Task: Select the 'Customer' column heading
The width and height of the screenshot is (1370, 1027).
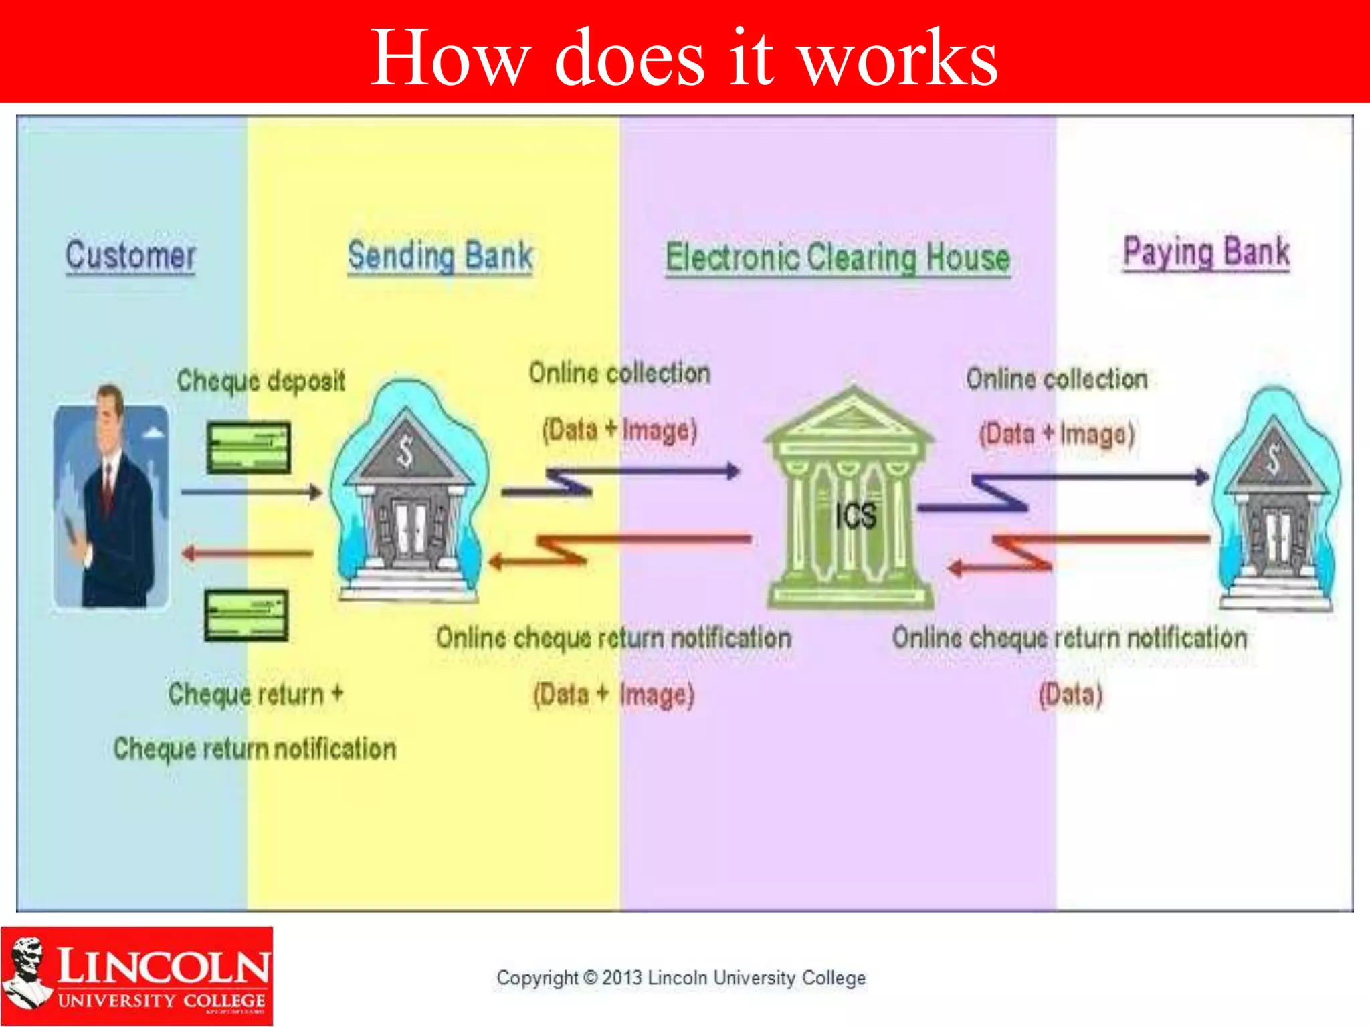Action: tap(130, 256)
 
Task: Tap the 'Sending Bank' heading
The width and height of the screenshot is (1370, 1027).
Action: tap(440, 256)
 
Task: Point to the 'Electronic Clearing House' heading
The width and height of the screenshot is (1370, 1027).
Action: tap(838, 258)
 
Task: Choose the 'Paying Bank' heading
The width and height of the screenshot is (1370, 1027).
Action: tap(1206, 253)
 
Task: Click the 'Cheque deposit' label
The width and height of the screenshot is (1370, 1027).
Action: tap(261, 381)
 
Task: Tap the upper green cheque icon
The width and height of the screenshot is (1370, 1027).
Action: tap(249, 447)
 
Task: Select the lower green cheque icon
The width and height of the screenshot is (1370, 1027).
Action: tap(246, 615)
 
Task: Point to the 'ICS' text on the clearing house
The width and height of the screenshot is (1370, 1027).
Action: tap(856, 516)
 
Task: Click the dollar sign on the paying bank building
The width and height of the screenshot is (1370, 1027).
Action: tap(1273, 459)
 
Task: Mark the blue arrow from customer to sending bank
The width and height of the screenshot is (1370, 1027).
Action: tap(250, 493)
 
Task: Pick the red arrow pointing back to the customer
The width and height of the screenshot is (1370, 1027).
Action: tap(248, 553)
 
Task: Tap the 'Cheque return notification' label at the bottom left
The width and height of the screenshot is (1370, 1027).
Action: tap(255, 749)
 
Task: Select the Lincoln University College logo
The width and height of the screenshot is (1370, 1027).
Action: tap(136, 976)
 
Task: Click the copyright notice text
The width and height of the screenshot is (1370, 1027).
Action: tap(681, 978)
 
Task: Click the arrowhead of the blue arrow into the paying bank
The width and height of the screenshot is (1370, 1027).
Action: tap(1201, 477)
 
